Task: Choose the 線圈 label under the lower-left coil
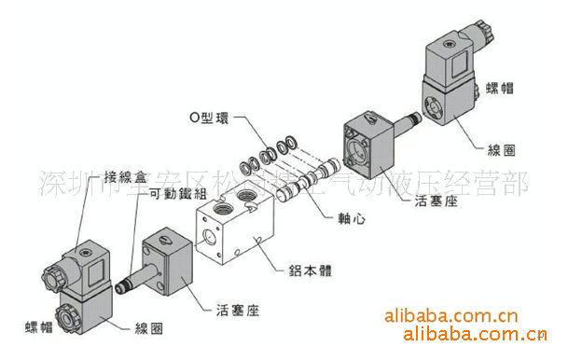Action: click(x=151, y=328)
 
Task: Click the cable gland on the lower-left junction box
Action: click(x=55, y=273)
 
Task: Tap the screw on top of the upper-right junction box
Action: click(x=455, y=44)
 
